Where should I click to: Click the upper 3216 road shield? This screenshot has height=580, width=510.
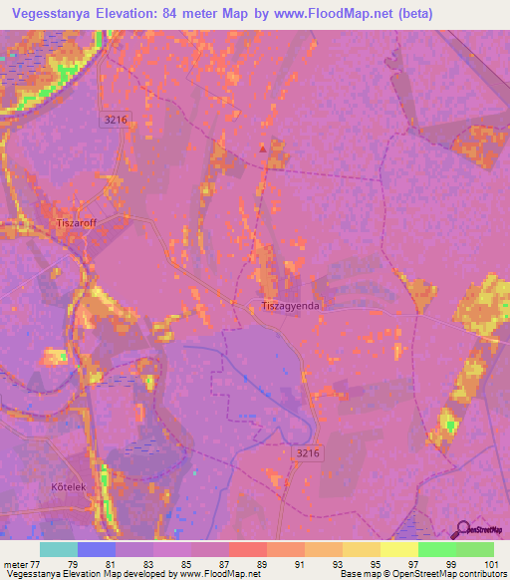coord(116,119)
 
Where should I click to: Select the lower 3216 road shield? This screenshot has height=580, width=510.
coord(309,453)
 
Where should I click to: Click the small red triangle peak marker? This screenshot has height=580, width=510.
coord(263,148)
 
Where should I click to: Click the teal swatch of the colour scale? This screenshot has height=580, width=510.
coord(59,549)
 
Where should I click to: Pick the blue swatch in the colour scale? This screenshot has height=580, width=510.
coord(97,549)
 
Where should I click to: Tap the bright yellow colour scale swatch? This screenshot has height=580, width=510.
coord(398,549)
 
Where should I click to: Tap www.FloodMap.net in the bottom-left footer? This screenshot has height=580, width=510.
coord(226,573)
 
